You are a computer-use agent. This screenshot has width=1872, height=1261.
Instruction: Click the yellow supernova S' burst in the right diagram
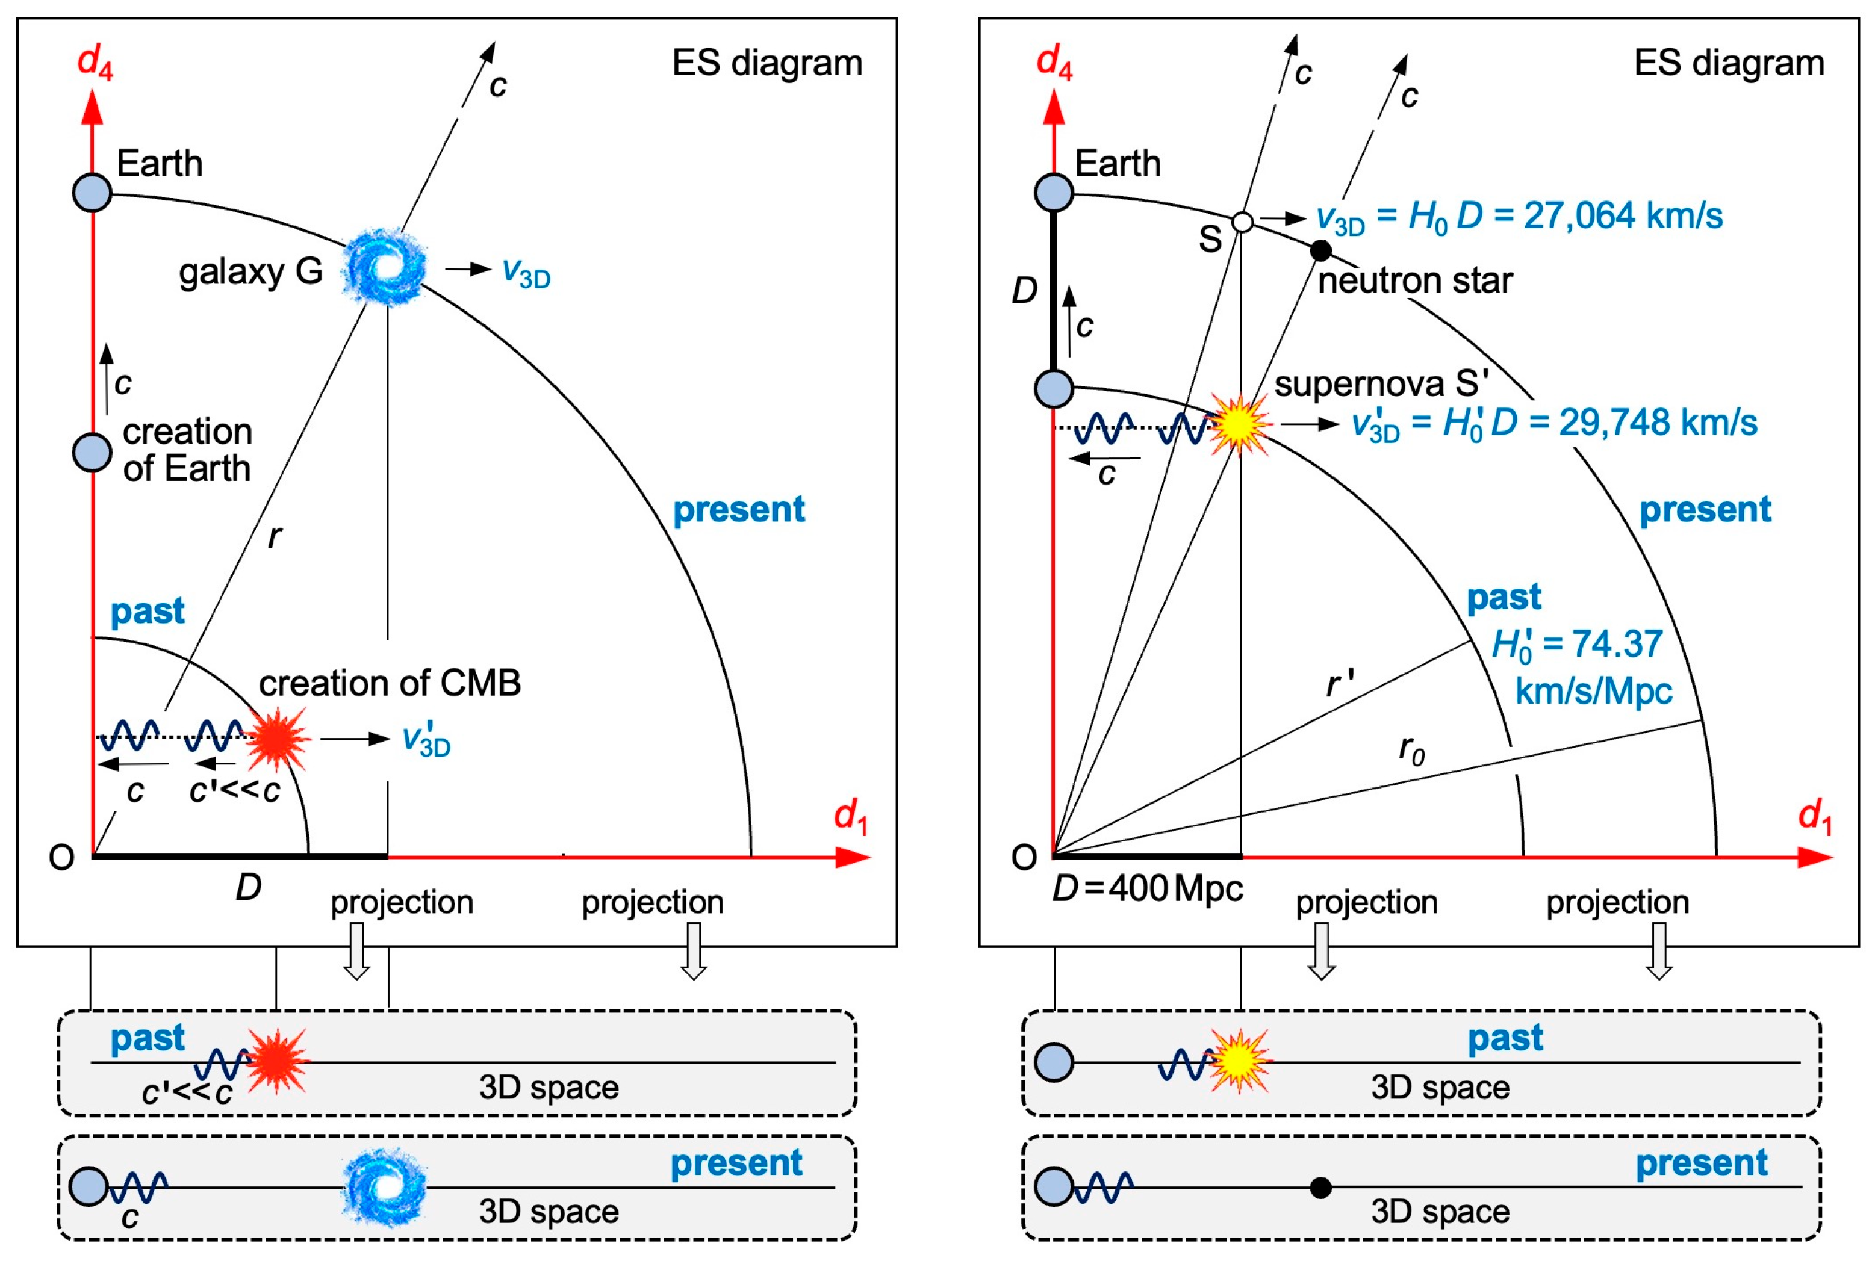1240,424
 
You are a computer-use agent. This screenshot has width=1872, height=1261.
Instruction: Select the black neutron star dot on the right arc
1320,250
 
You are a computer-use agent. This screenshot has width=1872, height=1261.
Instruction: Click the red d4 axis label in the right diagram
1053,61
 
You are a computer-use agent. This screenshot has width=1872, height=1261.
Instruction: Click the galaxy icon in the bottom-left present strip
384,1188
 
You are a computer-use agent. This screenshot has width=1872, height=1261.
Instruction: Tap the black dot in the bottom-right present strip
1320,1187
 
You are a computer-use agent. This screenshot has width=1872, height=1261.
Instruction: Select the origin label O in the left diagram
61,858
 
